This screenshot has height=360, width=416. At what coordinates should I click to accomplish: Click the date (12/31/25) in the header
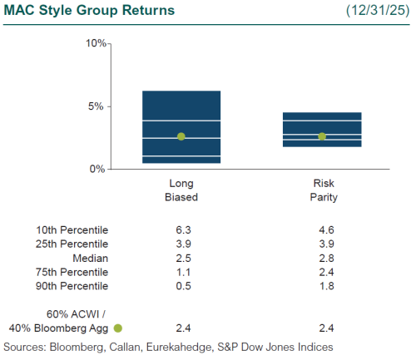tap(379, 11)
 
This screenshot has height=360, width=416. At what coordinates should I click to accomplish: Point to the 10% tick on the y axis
tap(95, 42)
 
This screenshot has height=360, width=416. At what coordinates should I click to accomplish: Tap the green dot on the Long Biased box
tap(181, 136)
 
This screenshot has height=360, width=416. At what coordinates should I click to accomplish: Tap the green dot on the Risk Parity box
tap(322, 136)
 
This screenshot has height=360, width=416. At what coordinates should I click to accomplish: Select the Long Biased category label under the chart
tap(181, 191)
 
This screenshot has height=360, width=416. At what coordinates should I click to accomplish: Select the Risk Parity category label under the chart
tap(322, 191)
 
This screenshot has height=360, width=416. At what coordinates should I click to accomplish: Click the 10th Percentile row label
tap(72, 229)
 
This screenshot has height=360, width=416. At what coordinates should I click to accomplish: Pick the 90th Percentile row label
tap(72, 286)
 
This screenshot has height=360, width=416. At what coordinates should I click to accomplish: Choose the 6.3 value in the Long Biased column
tap(181, 229)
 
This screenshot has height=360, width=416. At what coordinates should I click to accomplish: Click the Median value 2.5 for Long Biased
tap(181, 258)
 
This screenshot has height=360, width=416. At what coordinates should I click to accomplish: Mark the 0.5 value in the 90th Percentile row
tap(181, 286)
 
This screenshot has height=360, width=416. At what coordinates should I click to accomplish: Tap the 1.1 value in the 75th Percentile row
tap(181, 272)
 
